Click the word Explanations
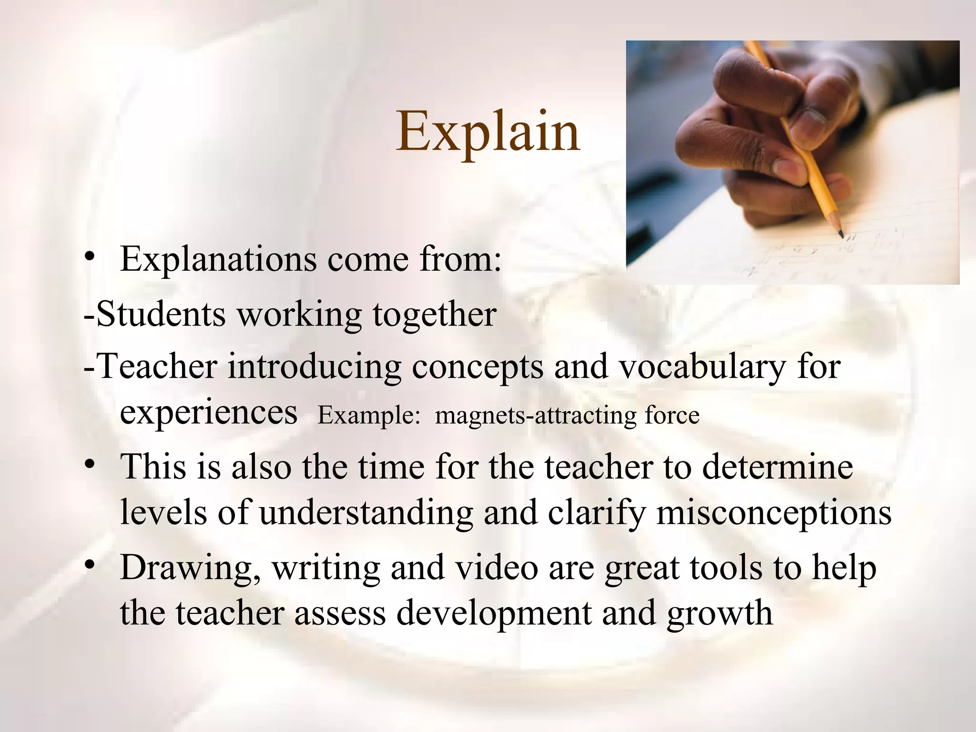coord(219,259)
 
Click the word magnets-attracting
coord(536,415)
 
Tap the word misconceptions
coord(774,513)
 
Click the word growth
coord(720,613)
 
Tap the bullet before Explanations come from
coord(90,259)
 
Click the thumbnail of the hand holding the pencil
coord(792,162)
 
